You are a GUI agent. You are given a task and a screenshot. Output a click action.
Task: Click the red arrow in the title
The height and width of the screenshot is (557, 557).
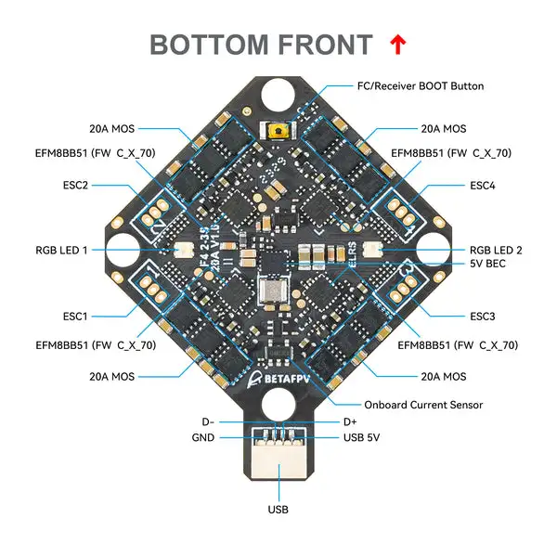pos(398,44)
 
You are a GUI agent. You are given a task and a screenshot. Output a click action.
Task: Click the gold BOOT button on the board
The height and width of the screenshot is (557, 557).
pos(275,132)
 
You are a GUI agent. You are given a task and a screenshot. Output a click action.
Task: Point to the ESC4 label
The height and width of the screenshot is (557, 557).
pos(482,185)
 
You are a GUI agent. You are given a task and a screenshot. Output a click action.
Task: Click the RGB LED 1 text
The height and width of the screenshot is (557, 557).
pos(62,250)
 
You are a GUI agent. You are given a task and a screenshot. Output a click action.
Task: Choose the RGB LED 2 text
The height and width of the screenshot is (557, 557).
pos(496,250)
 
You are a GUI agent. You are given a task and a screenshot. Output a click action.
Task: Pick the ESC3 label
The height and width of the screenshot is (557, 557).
pos(482,316)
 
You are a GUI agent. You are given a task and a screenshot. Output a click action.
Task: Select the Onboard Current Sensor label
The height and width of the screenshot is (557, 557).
pos(423,405)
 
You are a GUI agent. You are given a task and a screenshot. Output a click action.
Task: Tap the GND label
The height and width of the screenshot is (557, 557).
pos(203,437)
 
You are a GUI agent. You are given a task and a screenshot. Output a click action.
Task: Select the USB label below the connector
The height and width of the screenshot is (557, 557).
pos(278,509)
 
